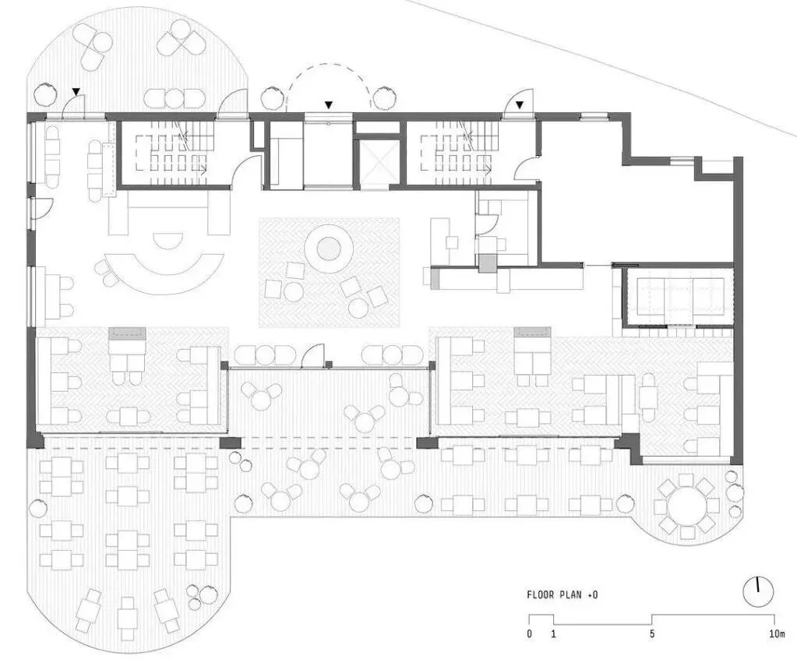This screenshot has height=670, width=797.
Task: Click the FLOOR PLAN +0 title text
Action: [x=562, y=595]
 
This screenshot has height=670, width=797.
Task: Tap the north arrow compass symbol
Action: [x=756, y=593]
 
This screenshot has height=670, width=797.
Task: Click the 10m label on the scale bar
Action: [x=776, y=634]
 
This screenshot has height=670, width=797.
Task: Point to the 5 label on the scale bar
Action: [x=652, y=634]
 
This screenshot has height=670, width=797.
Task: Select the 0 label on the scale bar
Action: [x=529, y=634]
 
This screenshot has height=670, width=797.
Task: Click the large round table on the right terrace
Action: [x=686, y=507]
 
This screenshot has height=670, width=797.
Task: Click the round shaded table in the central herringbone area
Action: [x=328, y=249]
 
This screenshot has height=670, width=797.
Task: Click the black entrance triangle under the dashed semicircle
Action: [x=329, y=104]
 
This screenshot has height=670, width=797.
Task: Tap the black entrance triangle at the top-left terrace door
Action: [x=75, y=92]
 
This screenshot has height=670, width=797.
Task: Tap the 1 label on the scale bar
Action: [x=553, y=634]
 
